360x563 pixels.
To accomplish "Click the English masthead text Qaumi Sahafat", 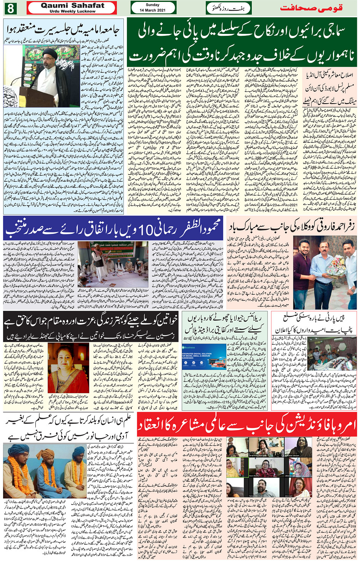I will point(72,5).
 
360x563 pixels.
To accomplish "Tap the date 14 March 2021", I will point(153,10).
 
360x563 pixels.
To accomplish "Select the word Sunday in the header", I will point(153,5).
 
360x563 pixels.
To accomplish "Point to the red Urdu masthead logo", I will point(311,8).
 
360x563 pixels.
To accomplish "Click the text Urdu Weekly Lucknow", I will point(72,11).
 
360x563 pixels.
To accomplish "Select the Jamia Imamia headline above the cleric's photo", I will point(63,30).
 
